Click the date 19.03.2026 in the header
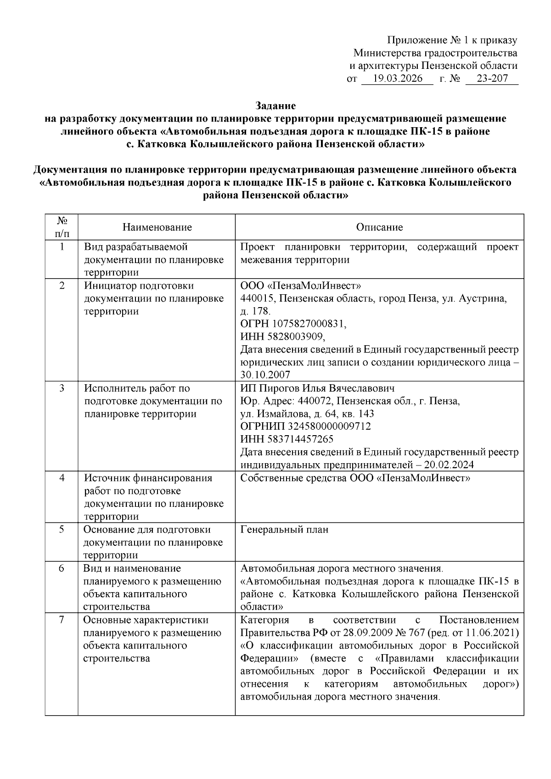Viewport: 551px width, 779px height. [398, 78]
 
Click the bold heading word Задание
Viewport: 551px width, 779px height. [275, 106]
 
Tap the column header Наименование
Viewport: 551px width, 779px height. [157, 227]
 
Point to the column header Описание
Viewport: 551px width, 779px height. [379, 227]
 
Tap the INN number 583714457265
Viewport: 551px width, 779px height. [299, 439]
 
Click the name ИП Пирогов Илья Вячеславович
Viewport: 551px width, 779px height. [317, 388]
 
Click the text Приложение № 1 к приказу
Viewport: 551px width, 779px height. [452, 40]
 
